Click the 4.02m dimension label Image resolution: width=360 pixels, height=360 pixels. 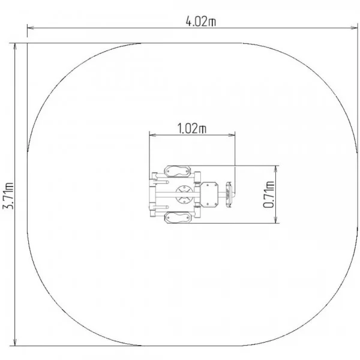pyautogui.click(x=200, y=22)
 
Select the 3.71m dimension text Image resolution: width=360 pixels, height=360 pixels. pyautogui.click(x=8, y=196)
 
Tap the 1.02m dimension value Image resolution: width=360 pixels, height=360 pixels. pyautogui.click(x=192, y=128)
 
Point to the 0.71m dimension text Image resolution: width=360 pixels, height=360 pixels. pyautogui.click(x=269, y=194)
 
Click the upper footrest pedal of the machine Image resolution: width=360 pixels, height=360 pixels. pyautogui.click(x=177, y=171)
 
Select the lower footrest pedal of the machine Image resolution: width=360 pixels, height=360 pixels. pyautogui.click(x=177, y=217)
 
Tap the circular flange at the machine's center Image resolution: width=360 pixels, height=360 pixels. pyautogui.click(x=184, y=194)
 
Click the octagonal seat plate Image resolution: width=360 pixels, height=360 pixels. pyautogui.click(x=209, y=194)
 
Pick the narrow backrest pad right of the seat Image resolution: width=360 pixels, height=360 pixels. pyautogui.click(x=229, y=194)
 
